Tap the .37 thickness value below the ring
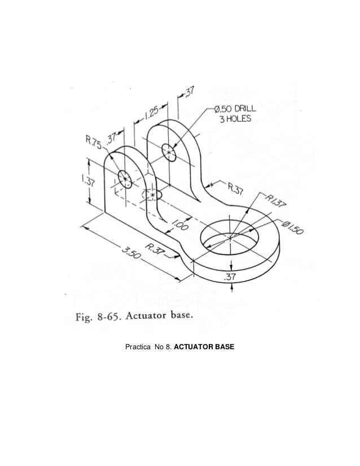230,276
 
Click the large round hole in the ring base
231,236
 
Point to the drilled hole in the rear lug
169,151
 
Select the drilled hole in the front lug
124,180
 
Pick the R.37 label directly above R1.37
235,189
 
